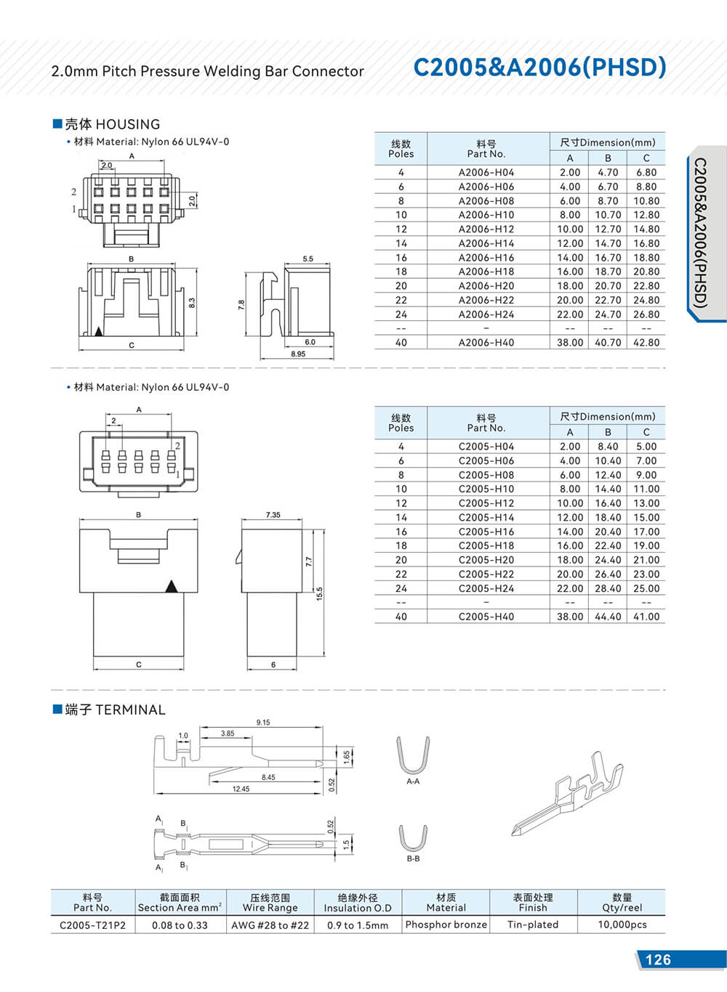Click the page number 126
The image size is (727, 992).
click(x=658, y=959)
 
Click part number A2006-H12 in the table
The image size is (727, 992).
click(x=486, y=229)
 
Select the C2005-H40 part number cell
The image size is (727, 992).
click(x=486, y=617)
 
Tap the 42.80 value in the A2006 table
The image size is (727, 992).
click(x=646, y=342)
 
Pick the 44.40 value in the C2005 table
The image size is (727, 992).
click(x=608, y=617)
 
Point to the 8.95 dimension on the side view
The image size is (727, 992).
click(x=298, y=354)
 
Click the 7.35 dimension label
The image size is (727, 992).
click(x=273, y=515)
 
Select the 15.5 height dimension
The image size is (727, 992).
click(x=319, y=594)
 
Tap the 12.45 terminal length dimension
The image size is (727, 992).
click(x=241, y=789)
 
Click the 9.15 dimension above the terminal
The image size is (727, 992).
click(x=263, y=723)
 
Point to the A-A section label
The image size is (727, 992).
click(x=413, y=781)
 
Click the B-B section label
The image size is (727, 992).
click(x=413, y=858)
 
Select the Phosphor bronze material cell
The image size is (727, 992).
click(x=446, y=924)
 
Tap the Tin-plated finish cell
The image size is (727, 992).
click(x=533, y=924)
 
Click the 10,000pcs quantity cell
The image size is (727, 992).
click(x=622, y=924)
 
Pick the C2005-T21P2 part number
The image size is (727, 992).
click(x=92, y=924)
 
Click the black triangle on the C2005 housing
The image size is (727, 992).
click(x=172, y=586)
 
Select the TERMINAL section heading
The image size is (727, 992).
click(x=115, y=710)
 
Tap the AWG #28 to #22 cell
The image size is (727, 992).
click(x=270, y=924)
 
